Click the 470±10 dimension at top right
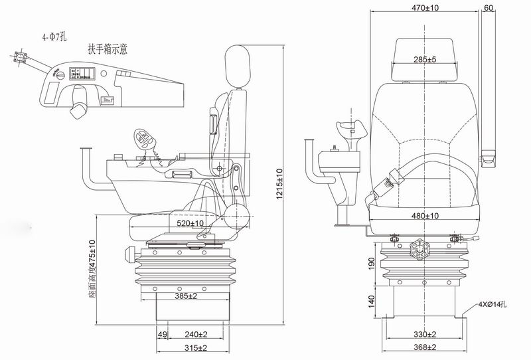tap(425, 9)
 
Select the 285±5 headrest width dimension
tap(425, 60)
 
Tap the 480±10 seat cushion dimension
tap(425, 216)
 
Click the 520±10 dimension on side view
tap(190, 224)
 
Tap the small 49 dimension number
tap(161, 334)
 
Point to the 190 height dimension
tap(372, 264)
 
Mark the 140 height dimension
tap(372, 302)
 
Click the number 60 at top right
tap(489, 9)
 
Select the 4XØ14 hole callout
tap(492, 305)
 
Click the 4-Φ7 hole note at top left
tap(54, 37)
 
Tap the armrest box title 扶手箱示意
tap(117, 49)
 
